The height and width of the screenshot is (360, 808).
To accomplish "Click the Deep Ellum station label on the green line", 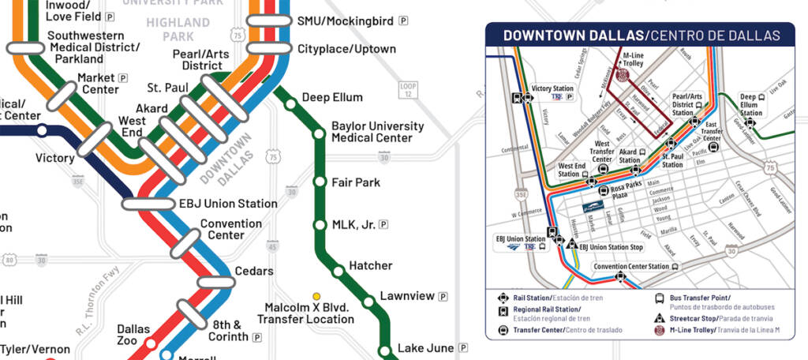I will pyautogui.click(x=332, y=98).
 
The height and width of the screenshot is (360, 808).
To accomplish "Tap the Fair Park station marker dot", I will pyautogui.click(x=320, y=182).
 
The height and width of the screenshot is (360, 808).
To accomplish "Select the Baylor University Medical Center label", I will pyautogui.click(x=377, y=132).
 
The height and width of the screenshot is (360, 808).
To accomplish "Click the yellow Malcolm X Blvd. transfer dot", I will pyautogui.click(x=316, y=296).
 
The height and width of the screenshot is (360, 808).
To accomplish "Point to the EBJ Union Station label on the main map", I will pyautogui.click(x=228, y=204).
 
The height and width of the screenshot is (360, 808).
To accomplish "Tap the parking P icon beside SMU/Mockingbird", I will pyautogui.click(x=404, y=21).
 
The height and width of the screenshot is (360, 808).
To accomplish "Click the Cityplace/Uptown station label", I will pyautogui.click(x=346, y=49).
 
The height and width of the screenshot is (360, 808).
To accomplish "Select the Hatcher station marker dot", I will pyautogui.click(x=339, y=272).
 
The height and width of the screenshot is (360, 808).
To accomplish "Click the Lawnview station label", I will pyautogui.click(x=407, y=296).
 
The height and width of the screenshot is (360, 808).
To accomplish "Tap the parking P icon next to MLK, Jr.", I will pyautogui.click(x=383, y=225).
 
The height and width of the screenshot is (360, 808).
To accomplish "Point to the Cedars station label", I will pyautogui.click(x=254, y=272).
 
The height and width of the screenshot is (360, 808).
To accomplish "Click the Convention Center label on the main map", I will pyautogui.click(x=231, y=229).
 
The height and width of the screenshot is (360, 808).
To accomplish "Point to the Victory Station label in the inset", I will pyautogui.click(x=552, y=89).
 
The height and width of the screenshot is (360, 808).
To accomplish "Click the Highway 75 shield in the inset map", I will pyautogui.click(x=769, y=168).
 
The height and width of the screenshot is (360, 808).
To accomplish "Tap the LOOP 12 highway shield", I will pyautogui.click(x=407, y=90).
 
